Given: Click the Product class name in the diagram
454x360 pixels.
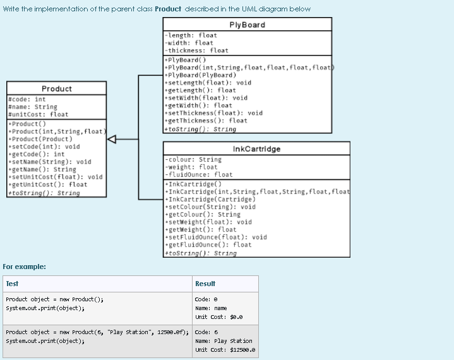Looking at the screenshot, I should pyautogui.click(x=57, y=89).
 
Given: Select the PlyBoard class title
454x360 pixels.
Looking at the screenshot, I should pyautogui.click(x=247, y=25).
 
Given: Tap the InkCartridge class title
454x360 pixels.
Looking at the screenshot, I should pyautogui.click(x=256, y=149).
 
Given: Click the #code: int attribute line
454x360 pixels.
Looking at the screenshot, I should pyautogui.click(x=27, y=99).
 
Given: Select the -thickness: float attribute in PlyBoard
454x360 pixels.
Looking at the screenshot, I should pyautogui.click(x=196, y=51).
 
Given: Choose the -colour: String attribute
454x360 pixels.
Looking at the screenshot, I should pyautogui.click(x=193, y=160).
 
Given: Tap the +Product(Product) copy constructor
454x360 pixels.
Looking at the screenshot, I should pyautogui.click(x=39, y=139).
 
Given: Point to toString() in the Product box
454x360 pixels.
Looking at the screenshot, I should pyautogui.click(x=43, y=193).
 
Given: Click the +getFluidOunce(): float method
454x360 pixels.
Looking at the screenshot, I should pyautogui.click(x=208, y=244).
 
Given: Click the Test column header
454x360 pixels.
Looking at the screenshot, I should pyautogui.click(x=13, y=284).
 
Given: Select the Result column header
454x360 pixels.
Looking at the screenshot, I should pyautogui.click(x=205, y=284).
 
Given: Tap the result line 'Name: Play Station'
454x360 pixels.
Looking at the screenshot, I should pyautogui.click(x=224, y=340).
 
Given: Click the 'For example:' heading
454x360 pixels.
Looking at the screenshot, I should pyautogui.click(x=24, y=266).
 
